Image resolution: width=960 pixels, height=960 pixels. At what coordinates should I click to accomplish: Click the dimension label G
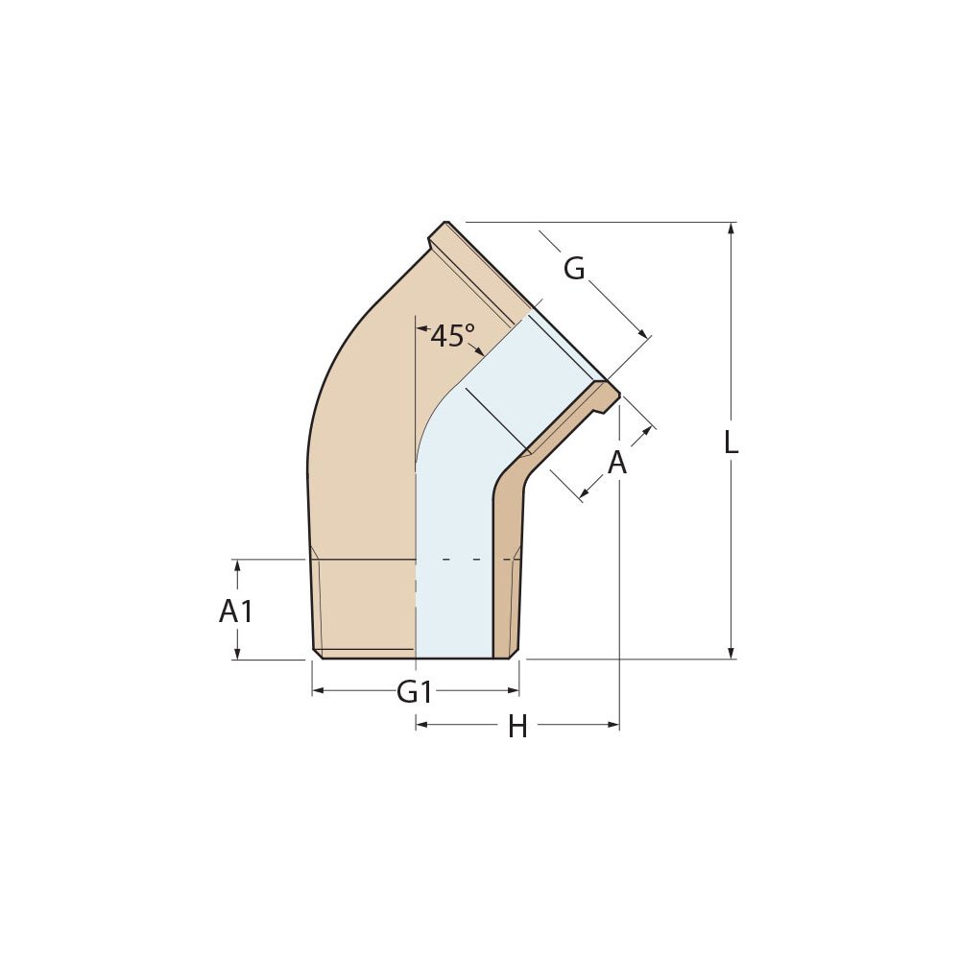click(574, 270)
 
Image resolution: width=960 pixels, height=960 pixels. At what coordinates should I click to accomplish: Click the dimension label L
click(732, 443)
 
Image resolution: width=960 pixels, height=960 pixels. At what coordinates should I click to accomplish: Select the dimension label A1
click(236, 611)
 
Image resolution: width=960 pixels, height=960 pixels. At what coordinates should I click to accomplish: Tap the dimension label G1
click(415, 691)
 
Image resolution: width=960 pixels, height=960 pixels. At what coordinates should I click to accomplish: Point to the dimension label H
click(517, 728)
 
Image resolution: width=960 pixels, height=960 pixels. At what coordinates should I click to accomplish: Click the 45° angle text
click(452, 337)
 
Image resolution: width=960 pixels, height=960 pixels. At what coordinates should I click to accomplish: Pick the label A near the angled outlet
click(617, 463)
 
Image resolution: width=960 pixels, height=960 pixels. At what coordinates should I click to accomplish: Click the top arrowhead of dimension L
click(732, 228)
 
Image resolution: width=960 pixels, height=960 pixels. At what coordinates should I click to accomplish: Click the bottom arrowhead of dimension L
click(732, 653)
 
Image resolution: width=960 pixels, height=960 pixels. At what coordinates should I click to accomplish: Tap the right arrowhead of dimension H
click(613, 725)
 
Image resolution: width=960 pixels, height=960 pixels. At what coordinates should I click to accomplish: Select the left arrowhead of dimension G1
click(318, 690)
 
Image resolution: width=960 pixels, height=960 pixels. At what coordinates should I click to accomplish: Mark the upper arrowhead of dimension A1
click(237, 565)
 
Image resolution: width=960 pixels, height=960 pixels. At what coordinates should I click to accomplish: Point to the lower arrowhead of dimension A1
click(237, 654)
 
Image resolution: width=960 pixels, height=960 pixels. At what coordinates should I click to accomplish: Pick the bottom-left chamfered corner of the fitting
click(318, 654)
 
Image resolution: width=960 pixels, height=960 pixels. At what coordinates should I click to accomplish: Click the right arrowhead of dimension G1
click(514, 690)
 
